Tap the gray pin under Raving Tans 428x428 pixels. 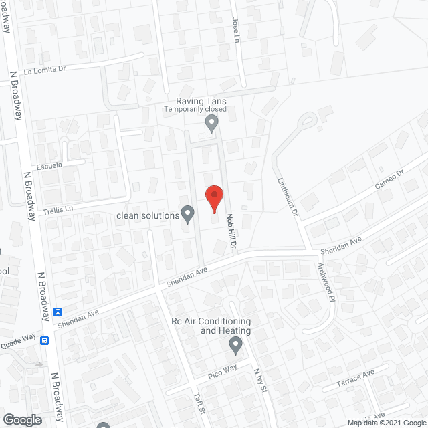(x=212, y=123)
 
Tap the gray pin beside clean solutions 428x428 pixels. (x=188, y=214)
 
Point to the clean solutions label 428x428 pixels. (x=148, y=215)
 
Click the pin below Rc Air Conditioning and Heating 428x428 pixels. (x=235, y=345)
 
